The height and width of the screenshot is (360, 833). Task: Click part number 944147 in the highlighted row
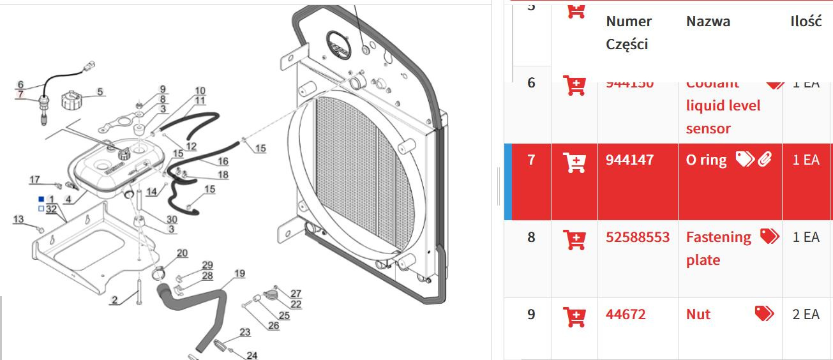pos(629,160)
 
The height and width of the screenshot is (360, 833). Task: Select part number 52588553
pos(637,237)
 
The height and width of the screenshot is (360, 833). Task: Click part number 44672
pos(626,315)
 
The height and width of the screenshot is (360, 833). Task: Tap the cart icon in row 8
pos(575,240)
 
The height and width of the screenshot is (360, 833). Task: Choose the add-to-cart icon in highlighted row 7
pos(575,162)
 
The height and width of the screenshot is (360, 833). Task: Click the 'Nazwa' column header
pos(708,22)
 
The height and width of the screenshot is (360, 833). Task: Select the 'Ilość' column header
pos(806,21)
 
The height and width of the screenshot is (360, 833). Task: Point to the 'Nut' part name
pos(698,315)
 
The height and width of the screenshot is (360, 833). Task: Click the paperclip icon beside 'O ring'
pos(765,160)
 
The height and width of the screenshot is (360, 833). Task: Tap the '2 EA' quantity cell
pos(806,315)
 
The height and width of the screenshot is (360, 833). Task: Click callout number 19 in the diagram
pos(239,274)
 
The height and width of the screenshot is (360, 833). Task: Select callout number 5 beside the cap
pos(100,93)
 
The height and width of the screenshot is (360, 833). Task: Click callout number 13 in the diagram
pos(19,220)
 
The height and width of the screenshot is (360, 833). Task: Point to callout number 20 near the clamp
pos(182,253)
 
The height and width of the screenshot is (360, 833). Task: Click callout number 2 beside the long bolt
pos(114,300)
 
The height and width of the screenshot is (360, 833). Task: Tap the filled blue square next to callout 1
pos(41,199)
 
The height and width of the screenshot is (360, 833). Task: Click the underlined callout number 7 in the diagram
pos(20,94)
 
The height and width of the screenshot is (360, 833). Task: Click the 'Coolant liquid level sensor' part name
pos(723,105)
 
